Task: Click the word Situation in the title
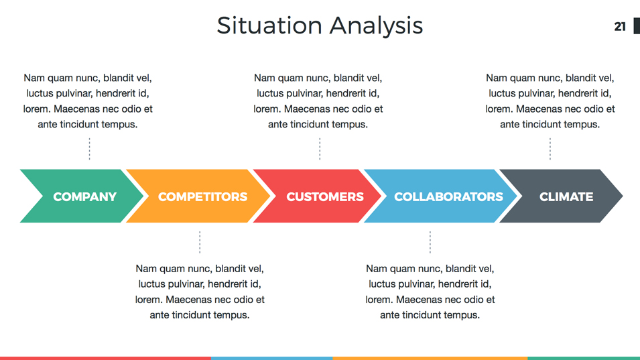point(269,25)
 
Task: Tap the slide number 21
point(620,26)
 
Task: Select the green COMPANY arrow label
point(84,196)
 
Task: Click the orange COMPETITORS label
point(202,196)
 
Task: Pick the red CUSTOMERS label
point(324,196)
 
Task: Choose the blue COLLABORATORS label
point(448,196)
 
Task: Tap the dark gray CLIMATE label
point(566,196)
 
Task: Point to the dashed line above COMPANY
point(89,149)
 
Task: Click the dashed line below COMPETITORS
point(200,242)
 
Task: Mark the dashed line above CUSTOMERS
point(320,149)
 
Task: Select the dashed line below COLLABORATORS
point(430,242)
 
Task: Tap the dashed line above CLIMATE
point(550,149)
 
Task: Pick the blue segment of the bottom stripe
point(271,358)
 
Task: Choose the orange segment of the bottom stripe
point(430,358)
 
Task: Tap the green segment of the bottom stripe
point(583,358)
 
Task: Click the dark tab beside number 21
point(637,25)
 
